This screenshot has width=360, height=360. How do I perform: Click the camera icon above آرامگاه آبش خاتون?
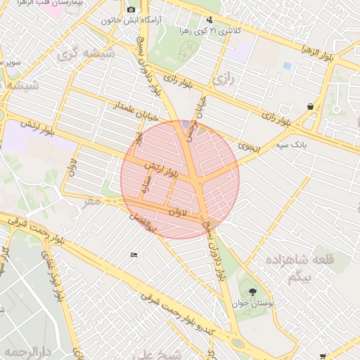point(131,9)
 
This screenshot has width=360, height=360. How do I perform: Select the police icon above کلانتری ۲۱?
point(210,20)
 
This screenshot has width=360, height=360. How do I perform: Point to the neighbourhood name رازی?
point(222,80)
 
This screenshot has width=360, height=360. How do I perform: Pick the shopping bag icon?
point(310,106)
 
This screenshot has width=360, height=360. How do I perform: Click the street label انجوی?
point(250,149)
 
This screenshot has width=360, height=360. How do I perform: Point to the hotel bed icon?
point(134,255)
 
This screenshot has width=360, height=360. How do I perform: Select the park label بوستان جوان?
point(251,304)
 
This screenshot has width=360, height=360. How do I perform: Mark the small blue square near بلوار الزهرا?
point(286,65)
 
